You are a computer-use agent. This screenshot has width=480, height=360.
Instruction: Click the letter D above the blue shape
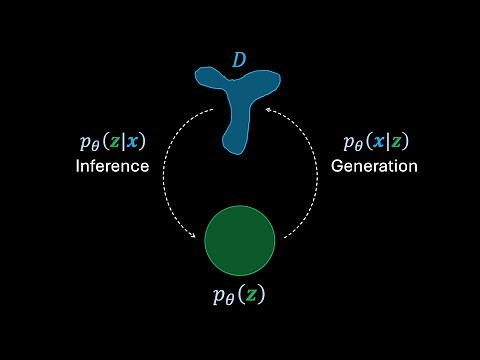tap(239, 61)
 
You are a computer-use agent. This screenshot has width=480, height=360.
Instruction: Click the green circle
tap(240, 239)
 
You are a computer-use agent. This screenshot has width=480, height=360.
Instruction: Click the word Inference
tap(112, 166)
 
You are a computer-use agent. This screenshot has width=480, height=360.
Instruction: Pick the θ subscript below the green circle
tap(231, 301)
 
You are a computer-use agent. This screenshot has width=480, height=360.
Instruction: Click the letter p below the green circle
tap(220, 297)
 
